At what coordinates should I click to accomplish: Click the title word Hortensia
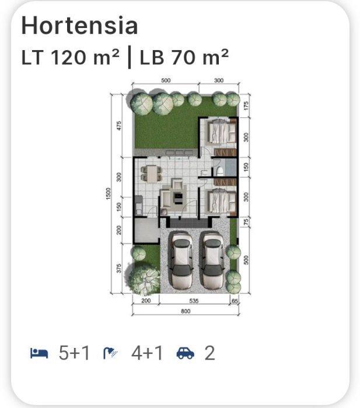click(x=79, y=25)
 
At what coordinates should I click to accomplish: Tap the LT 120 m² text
click(x=71, y=57)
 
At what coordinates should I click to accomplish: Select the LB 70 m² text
click(x=184, y=57)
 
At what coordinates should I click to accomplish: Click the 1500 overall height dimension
click(x=109, y=194)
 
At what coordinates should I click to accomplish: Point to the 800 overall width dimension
click(x=186, y=311)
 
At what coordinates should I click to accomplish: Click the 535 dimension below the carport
click(x=194, y=301)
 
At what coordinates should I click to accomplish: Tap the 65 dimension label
click(x=235, y=301)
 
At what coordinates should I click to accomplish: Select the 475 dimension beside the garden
click(x=119, y=126)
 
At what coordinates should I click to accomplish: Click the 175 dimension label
click(x=246, y=105)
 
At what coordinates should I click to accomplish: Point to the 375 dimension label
click(x=119, y=269)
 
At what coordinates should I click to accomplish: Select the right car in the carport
click(x=212, y=260)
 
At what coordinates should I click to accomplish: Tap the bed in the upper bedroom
click(x=221, y=131)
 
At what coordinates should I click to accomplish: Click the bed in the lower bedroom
click(x=221, y=202)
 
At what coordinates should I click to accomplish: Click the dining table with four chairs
click(x=151, y=174)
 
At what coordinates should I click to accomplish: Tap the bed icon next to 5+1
click(x=39, y=353)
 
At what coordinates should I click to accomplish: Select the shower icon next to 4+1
click(x=110, y=353)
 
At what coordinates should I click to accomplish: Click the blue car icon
click(x=186, y=353)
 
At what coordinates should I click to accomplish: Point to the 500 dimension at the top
click(x=166, y=80)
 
